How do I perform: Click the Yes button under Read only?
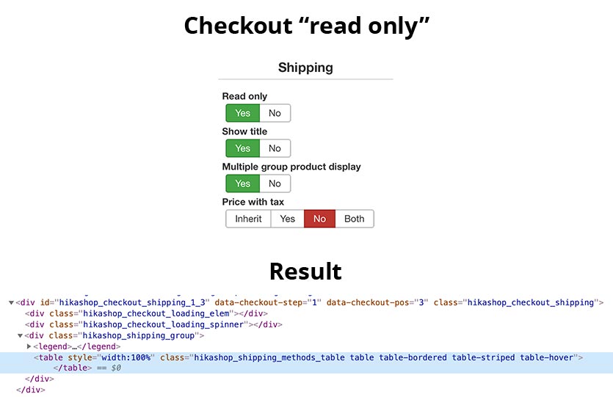243,113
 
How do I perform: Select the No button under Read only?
275,113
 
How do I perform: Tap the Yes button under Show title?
243,148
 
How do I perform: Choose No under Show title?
275,148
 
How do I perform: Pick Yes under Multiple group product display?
243,183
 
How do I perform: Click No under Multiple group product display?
275,183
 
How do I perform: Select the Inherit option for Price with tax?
248,219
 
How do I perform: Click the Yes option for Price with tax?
288,219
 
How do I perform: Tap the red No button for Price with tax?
319,219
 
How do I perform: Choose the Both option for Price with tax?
355,219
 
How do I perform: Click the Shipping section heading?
305,68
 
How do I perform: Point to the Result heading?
305,271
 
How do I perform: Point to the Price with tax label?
253,202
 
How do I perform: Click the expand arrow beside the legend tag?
29,346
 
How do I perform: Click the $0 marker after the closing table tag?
115,368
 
